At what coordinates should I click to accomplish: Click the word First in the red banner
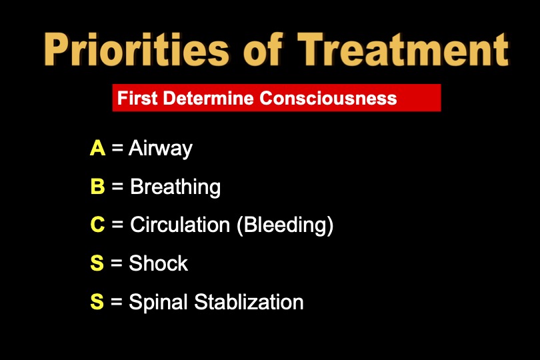pyautogui.click(x=136, y=99)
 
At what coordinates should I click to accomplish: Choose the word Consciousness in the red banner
pyautogui.click(x=328, y=99)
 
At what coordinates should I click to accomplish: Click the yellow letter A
pyautogui.click(x=97, y=148)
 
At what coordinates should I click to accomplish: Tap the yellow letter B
pyautogui.click(x=97, y=187)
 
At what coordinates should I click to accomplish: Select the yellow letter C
pyautogui.click(x=97, y=225)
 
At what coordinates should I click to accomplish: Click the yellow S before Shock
pyautogui.click(x=97, y=263)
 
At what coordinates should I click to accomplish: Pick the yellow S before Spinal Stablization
pyautogui.click(x=97, y=302)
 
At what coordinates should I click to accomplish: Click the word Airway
pyautogui.click(x=161, y=149)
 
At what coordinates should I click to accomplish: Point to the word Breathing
pyautogui.click(x=175, y=187)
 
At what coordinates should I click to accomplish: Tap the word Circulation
pyautogui.click(x=180, y=225)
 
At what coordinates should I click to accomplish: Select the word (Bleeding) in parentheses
pyautogui.click(x=285, y=225)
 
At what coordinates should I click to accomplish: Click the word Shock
pyautogui.click(x=159, y=263)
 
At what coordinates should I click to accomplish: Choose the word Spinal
pyautogui.click(x=159, y=303)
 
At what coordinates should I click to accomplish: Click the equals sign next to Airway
pyautogui.click(x=117, y=149)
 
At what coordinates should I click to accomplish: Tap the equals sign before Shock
pyautogui.click(x=117, y=264)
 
